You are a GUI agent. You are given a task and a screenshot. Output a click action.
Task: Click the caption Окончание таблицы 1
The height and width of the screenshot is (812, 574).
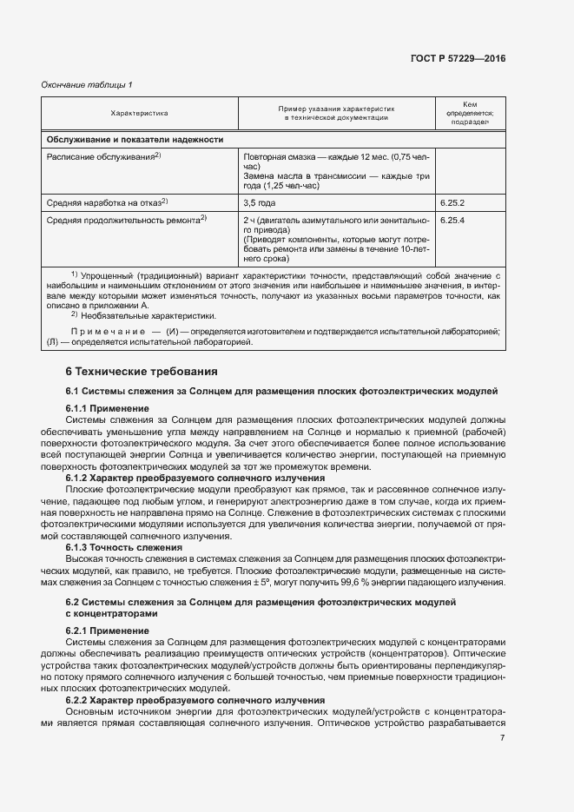(x=87, y=84)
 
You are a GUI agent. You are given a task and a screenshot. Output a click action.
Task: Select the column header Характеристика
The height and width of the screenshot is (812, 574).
(x=139, y=113)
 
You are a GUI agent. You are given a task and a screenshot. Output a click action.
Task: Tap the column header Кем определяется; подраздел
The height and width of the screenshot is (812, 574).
(x=470, y=113)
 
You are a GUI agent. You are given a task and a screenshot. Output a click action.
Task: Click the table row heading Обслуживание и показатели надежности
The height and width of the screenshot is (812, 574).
(x=135, y=139)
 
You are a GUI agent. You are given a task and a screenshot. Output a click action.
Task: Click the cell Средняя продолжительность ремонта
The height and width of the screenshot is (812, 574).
(x=126, y=221)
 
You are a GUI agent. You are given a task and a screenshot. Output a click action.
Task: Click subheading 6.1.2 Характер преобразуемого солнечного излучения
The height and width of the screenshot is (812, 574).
(x=195, y=478)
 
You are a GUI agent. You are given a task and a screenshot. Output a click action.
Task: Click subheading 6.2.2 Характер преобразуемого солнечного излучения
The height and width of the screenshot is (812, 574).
(x=195, y=699)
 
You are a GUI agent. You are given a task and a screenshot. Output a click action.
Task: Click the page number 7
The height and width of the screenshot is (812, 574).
(x=503, y=737)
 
